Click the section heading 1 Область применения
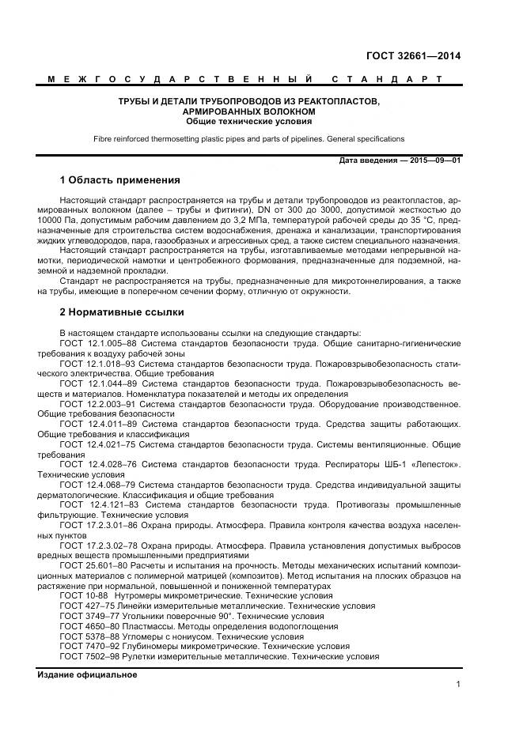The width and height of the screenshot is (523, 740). pos(119,180)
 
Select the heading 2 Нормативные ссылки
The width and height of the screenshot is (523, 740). pos(121,312)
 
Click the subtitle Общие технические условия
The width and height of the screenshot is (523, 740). pos(248,122)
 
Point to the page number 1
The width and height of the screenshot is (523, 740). pos(458,685)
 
